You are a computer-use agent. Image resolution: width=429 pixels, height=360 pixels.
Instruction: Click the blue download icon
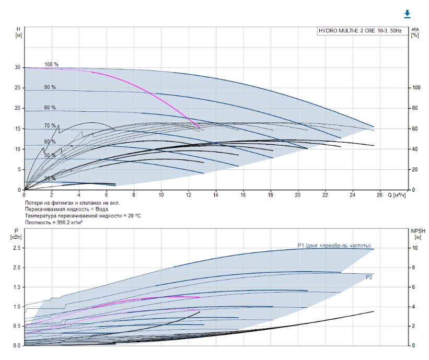(407, 14)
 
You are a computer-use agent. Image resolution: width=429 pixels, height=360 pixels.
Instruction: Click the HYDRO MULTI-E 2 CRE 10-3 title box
(360, 31)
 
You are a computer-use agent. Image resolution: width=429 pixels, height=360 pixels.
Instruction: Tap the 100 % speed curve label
(51, 64)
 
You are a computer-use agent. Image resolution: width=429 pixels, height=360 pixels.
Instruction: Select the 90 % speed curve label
(50, 87)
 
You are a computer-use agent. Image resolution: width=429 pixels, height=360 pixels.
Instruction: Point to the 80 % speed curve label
(50, 108)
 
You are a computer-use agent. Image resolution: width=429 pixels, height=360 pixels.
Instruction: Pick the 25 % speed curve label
(50, 178)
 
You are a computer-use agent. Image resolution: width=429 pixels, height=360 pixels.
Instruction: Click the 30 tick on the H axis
(17, 67)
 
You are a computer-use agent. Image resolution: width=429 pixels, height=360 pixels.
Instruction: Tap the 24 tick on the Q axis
(352, 195)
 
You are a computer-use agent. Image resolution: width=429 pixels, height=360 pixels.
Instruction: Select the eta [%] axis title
(415, 32)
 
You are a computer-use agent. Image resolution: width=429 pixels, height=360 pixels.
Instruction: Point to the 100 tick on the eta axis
(416, 88)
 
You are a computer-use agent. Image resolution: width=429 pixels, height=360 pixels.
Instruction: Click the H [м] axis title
(18, 32)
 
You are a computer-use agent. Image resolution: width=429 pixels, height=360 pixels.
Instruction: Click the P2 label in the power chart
(369, 277)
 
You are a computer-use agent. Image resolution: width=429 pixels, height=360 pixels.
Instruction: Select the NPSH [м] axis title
(416, 233)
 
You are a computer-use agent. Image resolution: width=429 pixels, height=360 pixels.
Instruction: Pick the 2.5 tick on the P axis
(16, 248)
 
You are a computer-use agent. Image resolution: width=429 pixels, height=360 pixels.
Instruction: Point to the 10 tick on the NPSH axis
(414, 248)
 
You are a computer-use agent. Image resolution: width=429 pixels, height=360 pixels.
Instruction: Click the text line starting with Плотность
(54, 222)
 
